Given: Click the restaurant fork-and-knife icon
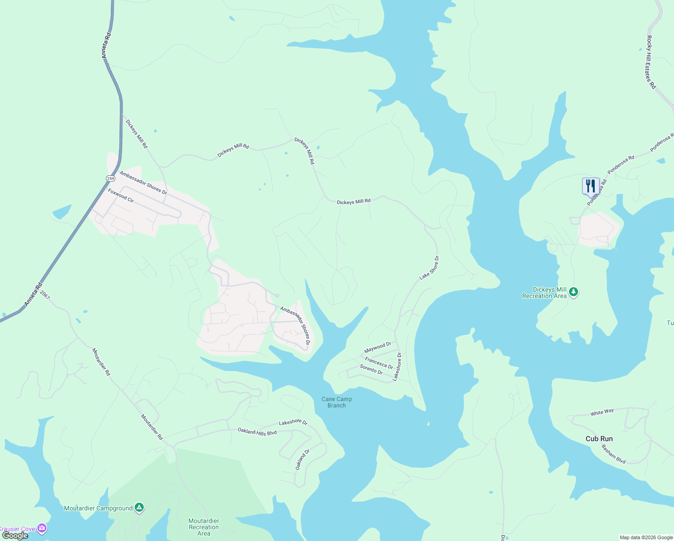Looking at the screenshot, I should tap(590, 185).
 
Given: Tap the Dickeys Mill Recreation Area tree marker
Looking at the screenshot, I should tap(573, 292).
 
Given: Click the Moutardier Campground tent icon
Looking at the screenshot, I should tap(139, 508).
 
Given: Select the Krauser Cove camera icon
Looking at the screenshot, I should tap(42, 528).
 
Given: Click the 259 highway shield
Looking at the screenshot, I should tap(110, 179).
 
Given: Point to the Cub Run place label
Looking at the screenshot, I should tap(599, 439).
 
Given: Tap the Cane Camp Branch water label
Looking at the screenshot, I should tap(337, 402).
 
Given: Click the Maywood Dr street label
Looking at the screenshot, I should tap(378, 348).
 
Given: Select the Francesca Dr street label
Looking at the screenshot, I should tap(379, 363).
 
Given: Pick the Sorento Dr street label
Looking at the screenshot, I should tap(371, 370).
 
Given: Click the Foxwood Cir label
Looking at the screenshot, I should tap(121, 196).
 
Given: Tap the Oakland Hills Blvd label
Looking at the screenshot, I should tap(257, 431).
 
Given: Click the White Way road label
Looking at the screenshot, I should tap(602, 413).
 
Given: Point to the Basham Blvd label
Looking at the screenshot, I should tap(614, 454).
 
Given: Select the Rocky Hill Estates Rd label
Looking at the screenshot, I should tap(651, 62).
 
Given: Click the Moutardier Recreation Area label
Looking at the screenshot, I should tap(204, 527).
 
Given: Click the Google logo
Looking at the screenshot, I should tap(15, 536).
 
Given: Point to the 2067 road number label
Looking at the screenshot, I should tap(45, 295).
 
